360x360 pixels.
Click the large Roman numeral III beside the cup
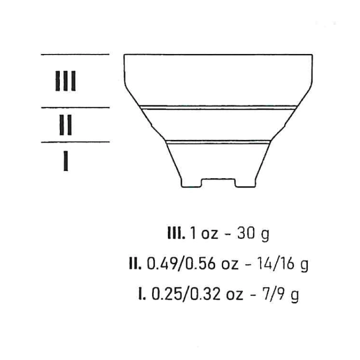point(65,81)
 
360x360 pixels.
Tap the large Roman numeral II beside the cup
point(65,125)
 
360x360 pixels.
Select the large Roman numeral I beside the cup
point(66,161)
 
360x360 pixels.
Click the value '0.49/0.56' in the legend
point(181,264)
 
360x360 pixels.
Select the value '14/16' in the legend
point(275,264)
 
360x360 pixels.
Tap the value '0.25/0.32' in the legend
point(186,295)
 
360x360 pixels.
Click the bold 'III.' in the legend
point(176,234)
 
